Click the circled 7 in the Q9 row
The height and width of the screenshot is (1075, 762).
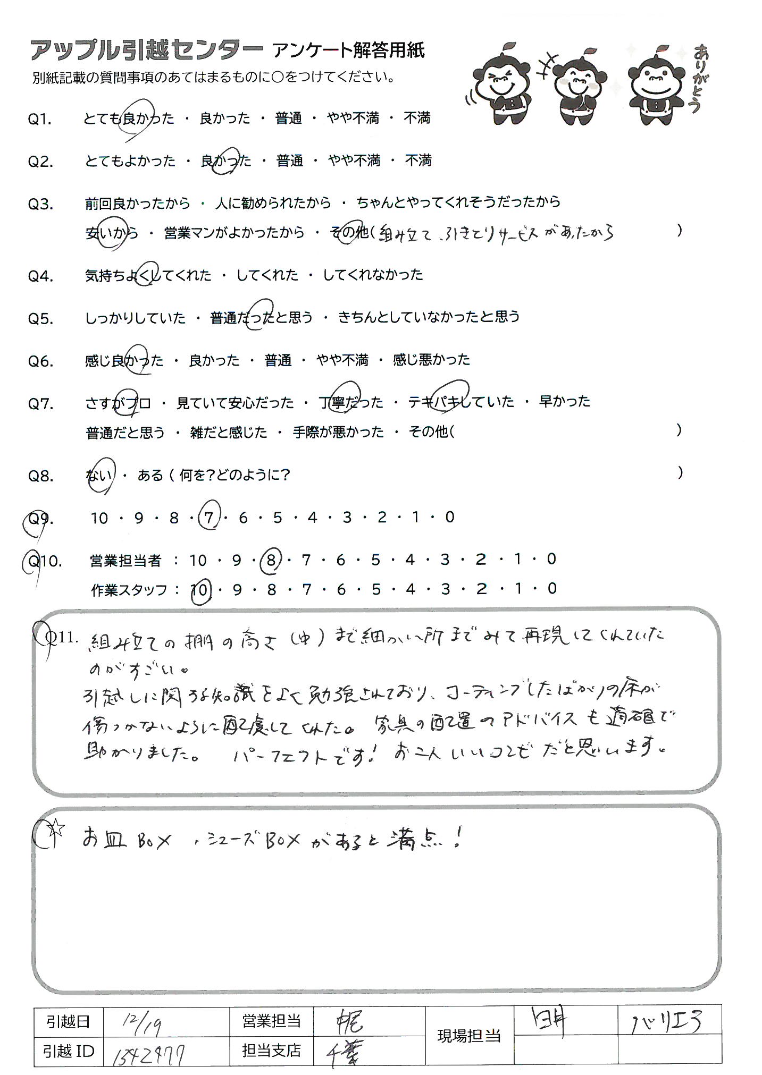(x=208, y=517)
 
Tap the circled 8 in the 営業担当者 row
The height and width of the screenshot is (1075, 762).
(x=271, y=560)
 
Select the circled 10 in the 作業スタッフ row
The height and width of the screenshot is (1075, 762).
(x=200, y=589)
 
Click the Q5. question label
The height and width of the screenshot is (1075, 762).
(x=40, y=319)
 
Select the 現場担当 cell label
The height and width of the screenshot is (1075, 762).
(x=468, y=1036)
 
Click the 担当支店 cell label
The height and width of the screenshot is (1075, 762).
(x=271, y=1050)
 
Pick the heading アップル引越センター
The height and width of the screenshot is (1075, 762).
(x=146, y=51)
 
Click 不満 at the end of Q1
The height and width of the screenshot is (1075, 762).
(x=416, y=118)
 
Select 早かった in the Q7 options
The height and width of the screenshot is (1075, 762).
(x=564, y=401)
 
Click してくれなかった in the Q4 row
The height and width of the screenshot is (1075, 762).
(x=373, y=275)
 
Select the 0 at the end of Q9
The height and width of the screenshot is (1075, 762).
(x=450, y=517)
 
